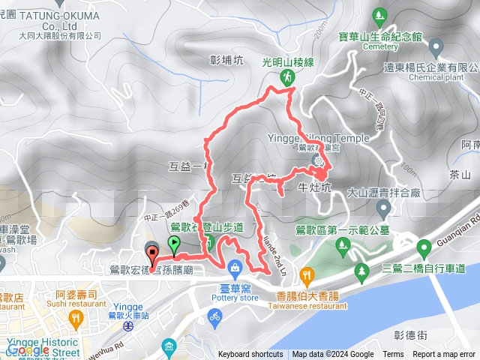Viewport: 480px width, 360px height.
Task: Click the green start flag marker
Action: pyautogui.click(x=174, y=242)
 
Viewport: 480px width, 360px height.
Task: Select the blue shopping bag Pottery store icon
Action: pyautogui.click(x=235, y=266)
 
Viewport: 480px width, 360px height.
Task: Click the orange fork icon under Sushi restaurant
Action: pyautogui.click(x=75, y=319)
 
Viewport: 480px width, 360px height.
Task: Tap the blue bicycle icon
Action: pyautogui.click(x=215, y=317)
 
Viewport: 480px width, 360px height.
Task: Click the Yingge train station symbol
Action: pyautogui.click(x=129, y=326)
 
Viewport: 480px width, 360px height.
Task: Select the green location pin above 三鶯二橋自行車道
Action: pyautogui.click(x=361, y=268)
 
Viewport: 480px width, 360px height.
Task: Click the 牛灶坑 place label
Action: pyautogui.click(x=314, y=187)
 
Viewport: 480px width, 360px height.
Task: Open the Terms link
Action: pyautogui.click(x=393, y=355)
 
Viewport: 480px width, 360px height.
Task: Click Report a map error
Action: pyautogui.click(x=445, y=355)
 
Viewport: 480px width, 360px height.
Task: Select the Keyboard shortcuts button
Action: pyautogui.click(x=250, y=355)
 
